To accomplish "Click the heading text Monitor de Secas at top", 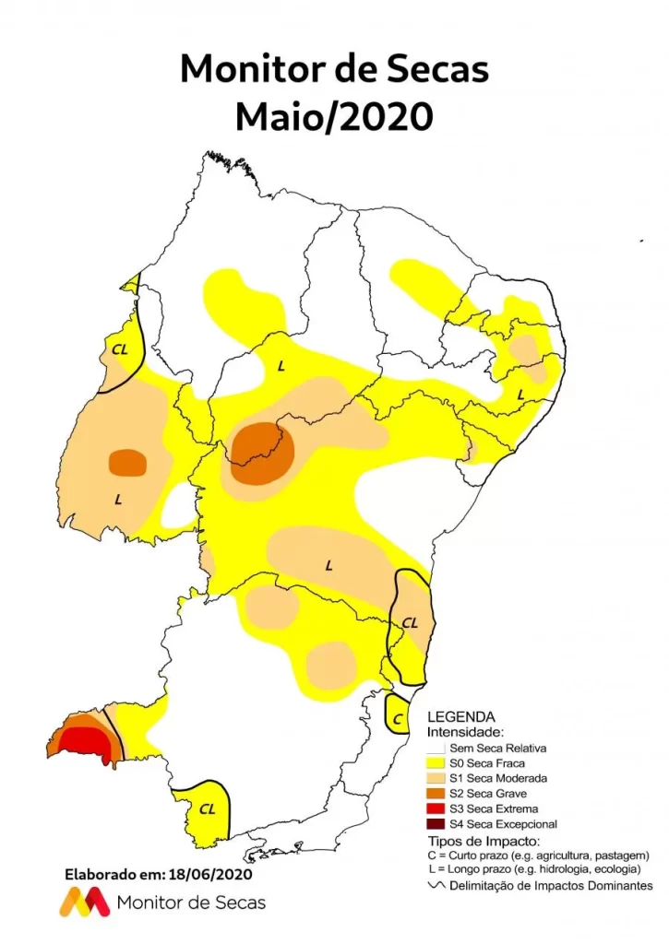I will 334,69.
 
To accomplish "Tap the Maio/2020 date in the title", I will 334,117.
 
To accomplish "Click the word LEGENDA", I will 460,716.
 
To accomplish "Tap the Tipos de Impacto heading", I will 480,841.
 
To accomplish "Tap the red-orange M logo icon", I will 85,902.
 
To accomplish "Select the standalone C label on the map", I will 397,718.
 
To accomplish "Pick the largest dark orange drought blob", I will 263,452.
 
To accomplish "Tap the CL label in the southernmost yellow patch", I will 208,808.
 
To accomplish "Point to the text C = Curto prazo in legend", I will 540,855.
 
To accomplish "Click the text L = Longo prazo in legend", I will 540,870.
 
